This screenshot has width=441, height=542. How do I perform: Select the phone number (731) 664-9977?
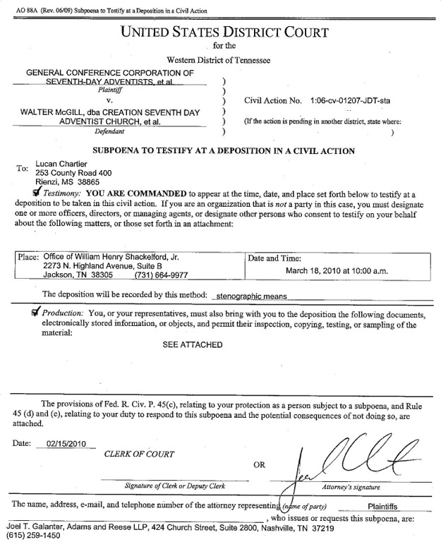(161, 276)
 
